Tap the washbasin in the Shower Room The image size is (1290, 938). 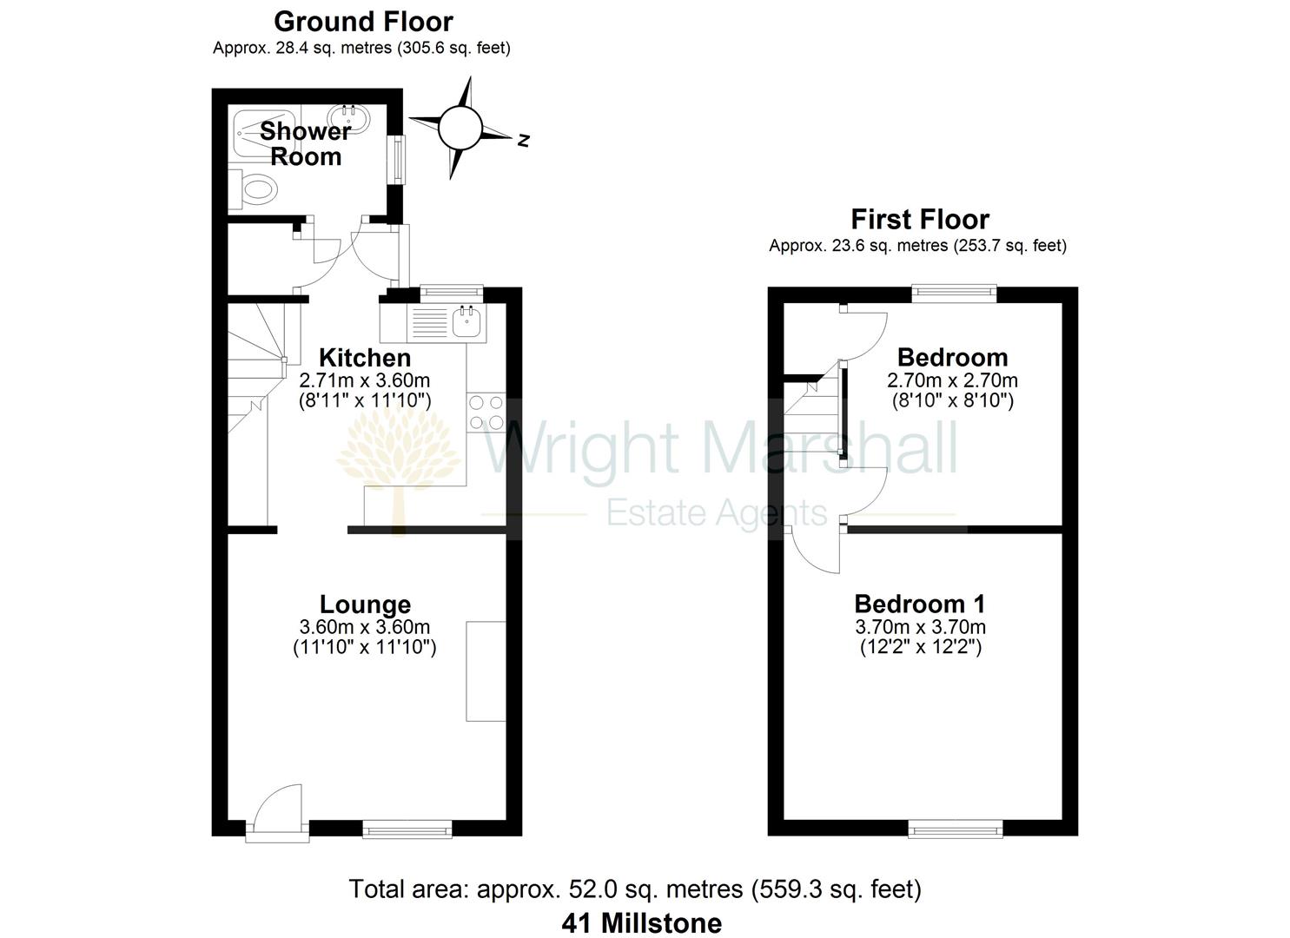tap(348, 116)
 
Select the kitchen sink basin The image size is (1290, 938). tap(466, 323)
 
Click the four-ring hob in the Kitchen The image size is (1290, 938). tap(486, 413)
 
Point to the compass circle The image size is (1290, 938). tap(460, 129)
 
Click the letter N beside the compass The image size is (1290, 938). tap(523, 140)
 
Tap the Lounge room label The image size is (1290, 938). tap(365, 604)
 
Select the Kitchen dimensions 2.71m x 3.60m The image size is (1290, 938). tap(365, 380)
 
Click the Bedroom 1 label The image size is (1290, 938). tap(919, 604)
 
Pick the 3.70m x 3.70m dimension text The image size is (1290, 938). tap(920, 627)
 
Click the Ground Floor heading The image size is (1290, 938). tap(363, 21)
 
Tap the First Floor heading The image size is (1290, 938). tap(919, 219)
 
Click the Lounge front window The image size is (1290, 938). tap(407, 831)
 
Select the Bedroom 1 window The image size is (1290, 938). tap(955, 830)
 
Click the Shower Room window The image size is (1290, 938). tap(399, 159)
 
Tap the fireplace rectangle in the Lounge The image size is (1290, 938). tap(486, 670)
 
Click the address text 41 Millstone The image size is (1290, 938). tap(641, 922)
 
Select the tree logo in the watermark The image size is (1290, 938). tap(399, 460)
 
